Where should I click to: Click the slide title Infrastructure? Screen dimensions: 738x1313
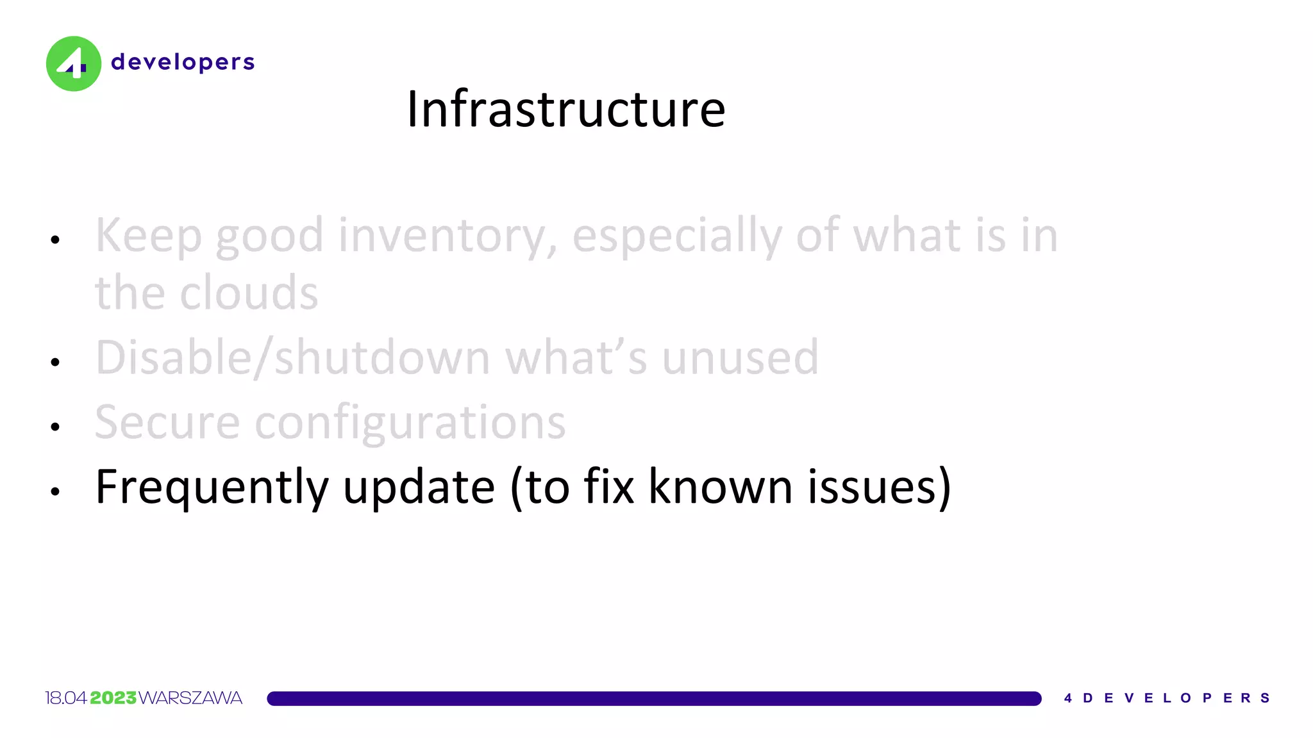coord(566,109)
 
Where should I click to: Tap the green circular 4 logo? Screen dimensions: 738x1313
coord(74,63)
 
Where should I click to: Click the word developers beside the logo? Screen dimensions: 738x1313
coord(183,62)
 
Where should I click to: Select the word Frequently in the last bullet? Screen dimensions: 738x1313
coord(212,488)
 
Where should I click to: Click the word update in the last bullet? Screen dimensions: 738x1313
coord(419,488)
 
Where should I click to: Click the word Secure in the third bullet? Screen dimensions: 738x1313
coord(167,423)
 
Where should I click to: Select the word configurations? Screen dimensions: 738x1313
coord(410,424)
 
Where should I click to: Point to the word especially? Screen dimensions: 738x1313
coord(676,236)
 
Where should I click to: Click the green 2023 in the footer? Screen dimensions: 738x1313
coord(113,698)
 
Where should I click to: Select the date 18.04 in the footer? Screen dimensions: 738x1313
coord(65,698)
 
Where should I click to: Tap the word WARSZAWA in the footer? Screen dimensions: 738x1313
coord(190,698)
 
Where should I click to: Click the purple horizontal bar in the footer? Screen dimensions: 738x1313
coord(654,698)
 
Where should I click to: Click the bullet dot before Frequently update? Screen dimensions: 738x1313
coord(55,491)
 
